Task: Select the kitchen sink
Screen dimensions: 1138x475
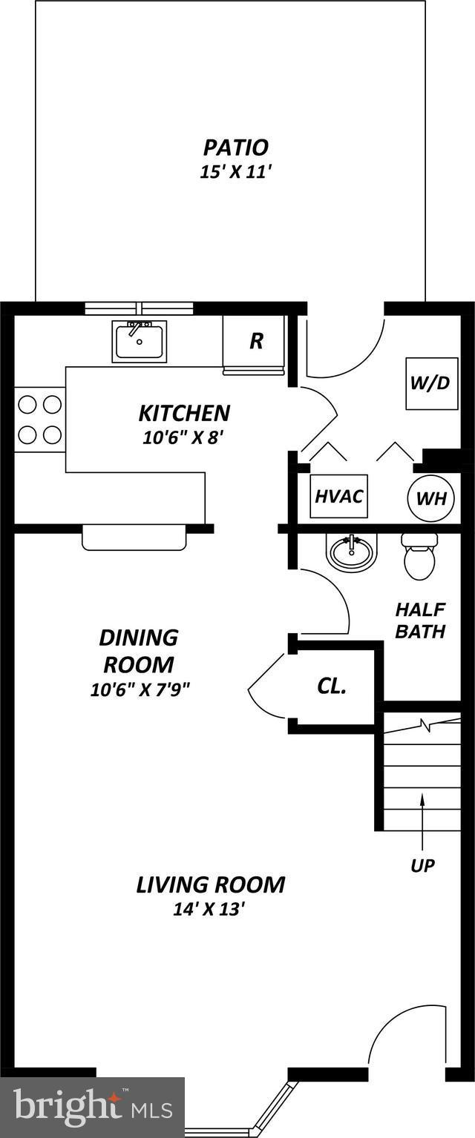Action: (140, 341)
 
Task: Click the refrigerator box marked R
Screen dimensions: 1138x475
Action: (255, 341)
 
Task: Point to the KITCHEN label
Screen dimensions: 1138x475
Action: (184, 413)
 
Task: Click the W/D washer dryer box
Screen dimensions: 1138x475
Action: (430, 384)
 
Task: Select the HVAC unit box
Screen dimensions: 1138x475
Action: (338, 495)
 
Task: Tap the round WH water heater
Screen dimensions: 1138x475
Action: (430, 497)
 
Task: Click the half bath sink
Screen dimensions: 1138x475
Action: (351, 552)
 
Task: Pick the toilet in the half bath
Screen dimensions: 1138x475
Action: (419, 557)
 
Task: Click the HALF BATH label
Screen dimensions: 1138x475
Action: (419, 621)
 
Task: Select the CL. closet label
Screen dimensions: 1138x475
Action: (331, 686)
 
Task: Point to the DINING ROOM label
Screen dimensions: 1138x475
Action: (139, 650)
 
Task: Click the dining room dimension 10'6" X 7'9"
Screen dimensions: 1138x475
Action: (140, 689)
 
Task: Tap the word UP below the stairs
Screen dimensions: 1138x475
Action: (422, 865)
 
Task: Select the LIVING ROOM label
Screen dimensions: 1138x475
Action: (210, 884)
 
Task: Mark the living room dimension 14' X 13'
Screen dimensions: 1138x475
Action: (209, 909)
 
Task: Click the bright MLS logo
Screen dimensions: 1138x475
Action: (92, 1107)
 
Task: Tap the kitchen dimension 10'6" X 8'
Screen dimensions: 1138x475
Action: (183, 438)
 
